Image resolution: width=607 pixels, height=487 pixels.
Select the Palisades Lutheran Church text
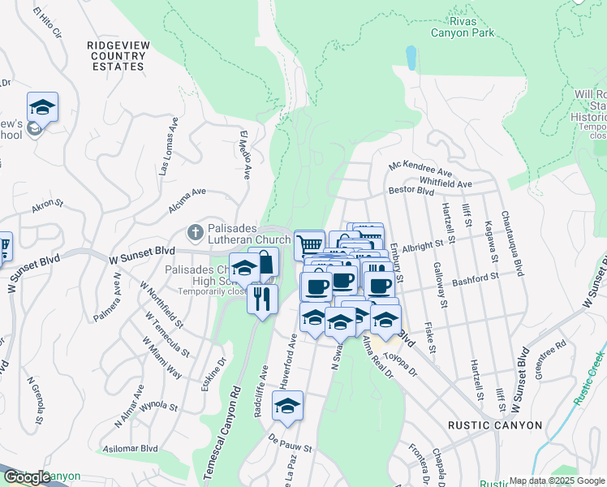pyautogui.click(x=239, y=234)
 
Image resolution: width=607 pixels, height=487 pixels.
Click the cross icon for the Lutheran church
pyautogui.click(x=194, y=233)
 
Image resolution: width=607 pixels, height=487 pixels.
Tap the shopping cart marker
pyautogui.click(x=308, y=243)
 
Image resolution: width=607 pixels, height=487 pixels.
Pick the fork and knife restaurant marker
pyautogui.click(x=261, y=299)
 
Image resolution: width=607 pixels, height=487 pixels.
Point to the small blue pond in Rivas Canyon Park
pyautogui.click(x=411, y=57)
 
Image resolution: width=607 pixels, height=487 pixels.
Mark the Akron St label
pyautogui.click(x=47, y=207)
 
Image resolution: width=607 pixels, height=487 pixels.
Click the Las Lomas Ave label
pyautogui.click(x=168, y=146)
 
